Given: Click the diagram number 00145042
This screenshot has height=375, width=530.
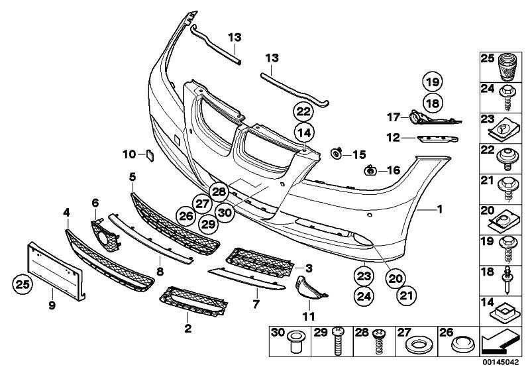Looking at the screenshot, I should tap(504, 363).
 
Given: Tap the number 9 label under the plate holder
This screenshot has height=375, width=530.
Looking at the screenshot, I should tap(52, 305).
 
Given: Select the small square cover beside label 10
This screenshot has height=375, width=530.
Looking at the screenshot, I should tap(150, 156).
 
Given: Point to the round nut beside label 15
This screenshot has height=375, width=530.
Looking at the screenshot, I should tap(337, 154).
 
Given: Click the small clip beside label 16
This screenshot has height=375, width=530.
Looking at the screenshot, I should tap(370, 171).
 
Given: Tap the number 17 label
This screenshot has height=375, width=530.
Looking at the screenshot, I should tap(393, 117).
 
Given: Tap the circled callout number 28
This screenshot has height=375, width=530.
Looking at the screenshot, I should tap(219, 192).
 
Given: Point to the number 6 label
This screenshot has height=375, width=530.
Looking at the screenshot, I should tap(95, 202).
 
